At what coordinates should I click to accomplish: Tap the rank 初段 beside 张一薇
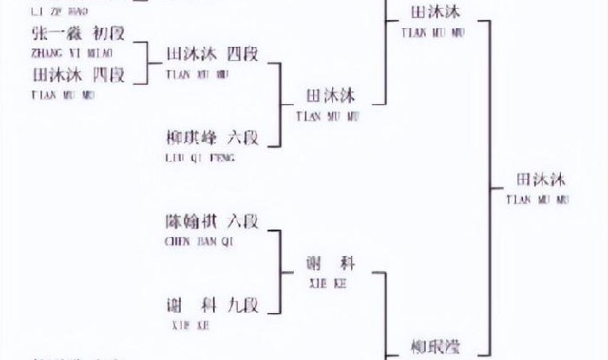pyautogui.click(x=107, y=32)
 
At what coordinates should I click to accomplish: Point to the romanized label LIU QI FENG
pyautogui.click(x=200, y=160)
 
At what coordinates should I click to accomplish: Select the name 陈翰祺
pyautogui.click(x=189, y=221)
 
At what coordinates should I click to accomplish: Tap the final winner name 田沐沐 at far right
pyautogui.click(x=540, y=179)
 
